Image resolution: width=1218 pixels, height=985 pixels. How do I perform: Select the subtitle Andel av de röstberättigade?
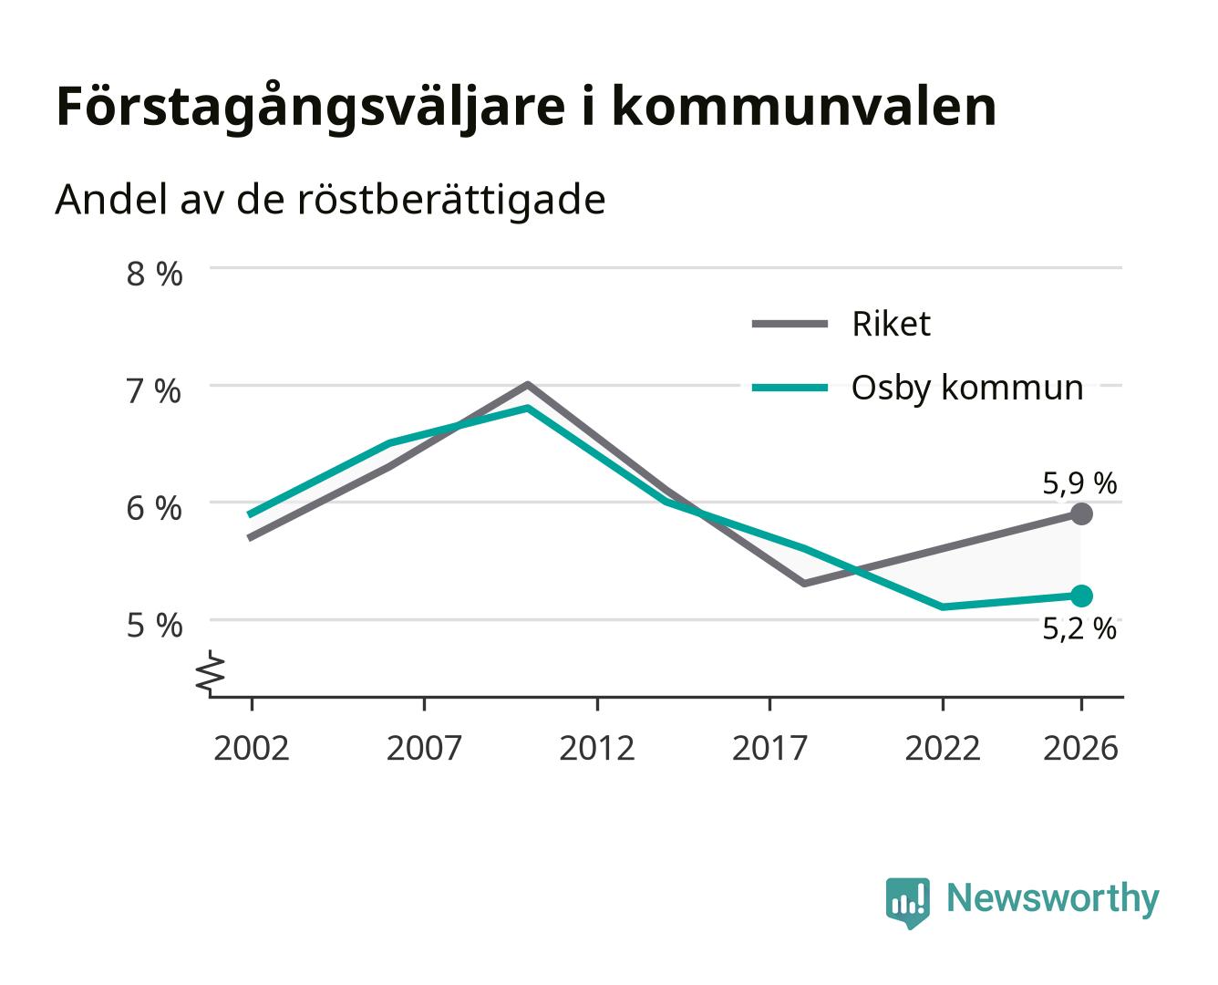330,201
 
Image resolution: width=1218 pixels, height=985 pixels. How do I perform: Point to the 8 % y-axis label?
154,274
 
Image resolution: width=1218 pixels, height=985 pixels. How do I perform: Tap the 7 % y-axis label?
154,392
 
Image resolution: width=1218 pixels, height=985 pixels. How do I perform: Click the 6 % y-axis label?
154,509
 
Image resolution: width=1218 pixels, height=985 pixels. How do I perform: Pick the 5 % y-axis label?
154,626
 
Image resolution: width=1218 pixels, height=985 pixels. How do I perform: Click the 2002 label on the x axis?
252,748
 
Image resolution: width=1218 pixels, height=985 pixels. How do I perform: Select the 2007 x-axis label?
424,748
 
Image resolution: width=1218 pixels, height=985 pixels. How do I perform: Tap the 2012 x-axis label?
597,748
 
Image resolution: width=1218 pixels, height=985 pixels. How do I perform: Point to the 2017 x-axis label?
769,748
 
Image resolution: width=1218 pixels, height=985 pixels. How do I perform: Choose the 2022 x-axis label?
943,748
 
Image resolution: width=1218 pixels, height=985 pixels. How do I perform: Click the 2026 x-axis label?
1080,748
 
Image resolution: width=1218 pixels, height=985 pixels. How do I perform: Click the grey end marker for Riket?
1080,513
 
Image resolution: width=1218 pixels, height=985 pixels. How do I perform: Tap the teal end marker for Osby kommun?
1080,596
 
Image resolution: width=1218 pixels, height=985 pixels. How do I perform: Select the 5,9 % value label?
1079,484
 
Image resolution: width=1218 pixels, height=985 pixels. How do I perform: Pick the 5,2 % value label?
1079,629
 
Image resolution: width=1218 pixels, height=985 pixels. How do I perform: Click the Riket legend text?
891,324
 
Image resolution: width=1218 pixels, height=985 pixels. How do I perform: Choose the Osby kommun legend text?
967,389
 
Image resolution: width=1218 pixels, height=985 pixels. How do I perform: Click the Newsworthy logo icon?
907,903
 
